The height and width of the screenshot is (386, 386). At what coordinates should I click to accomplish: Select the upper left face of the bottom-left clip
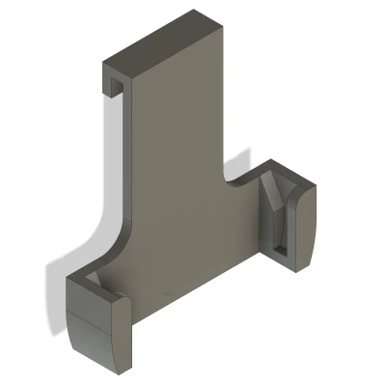point(88,304)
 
